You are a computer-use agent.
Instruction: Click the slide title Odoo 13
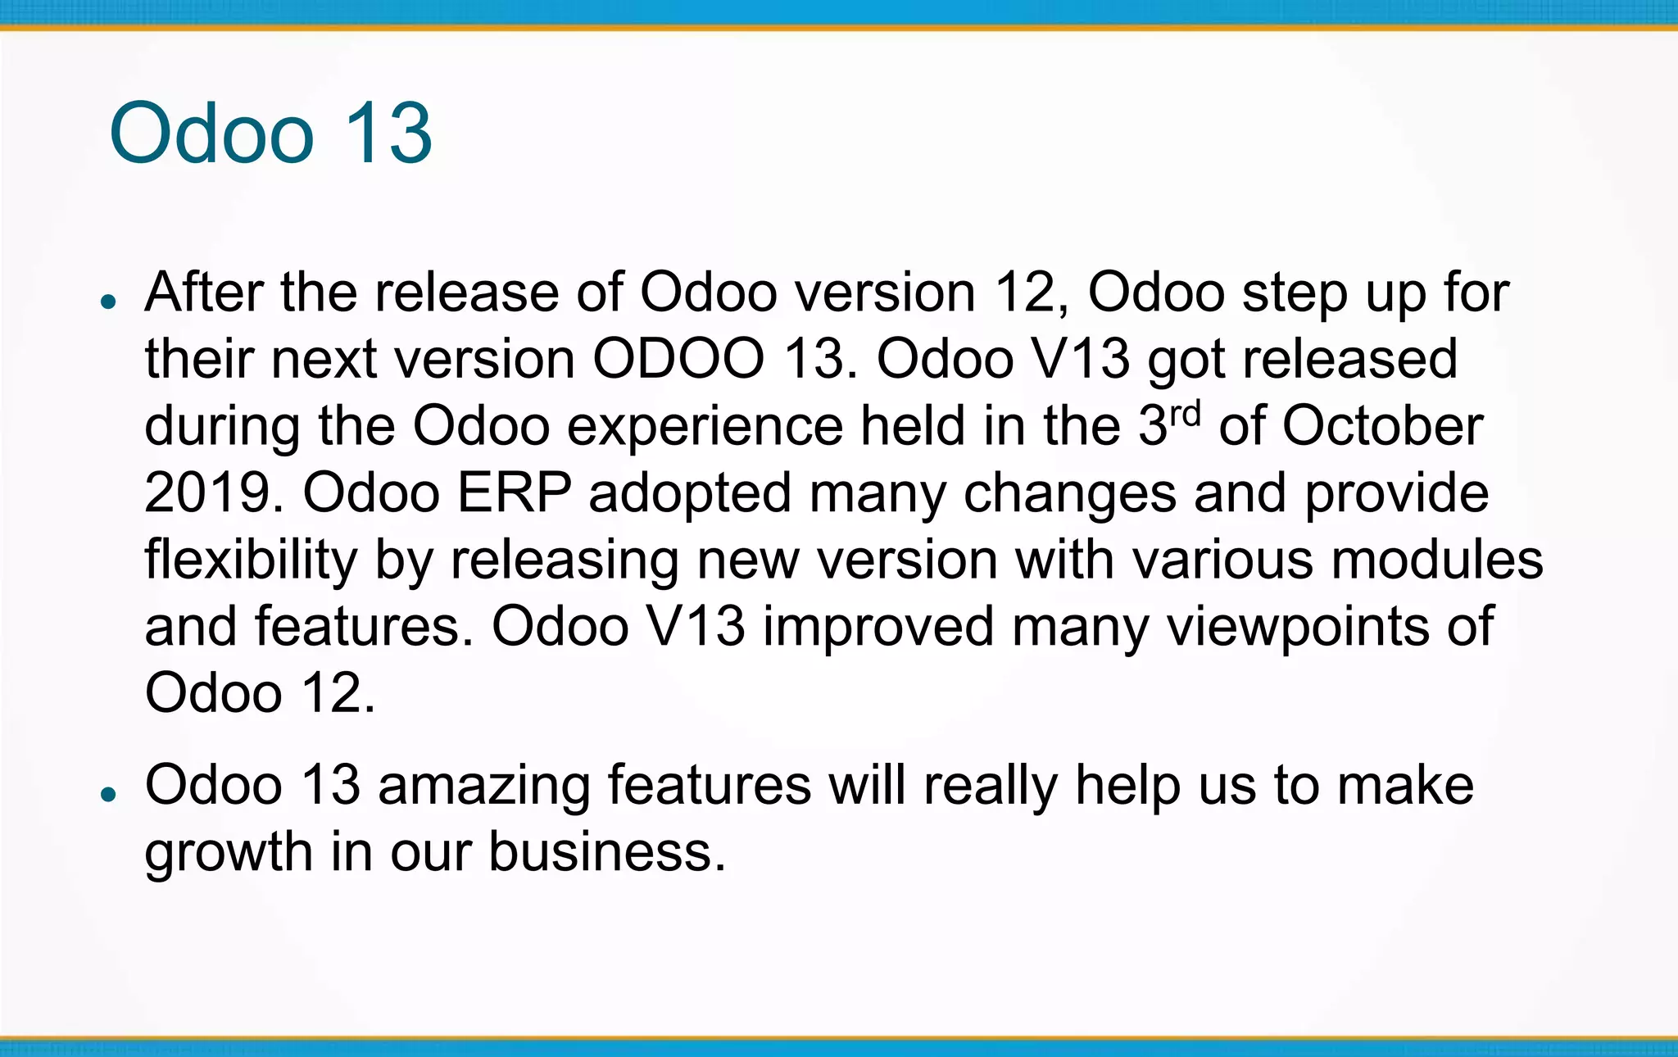click(x=270, y=134)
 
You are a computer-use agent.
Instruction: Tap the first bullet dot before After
click(x=107, y=302)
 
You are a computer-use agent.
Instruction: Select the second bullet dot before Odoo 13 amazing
click(x=107, y=793)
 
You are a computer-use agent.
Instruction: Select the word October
click(x=1382, y=427)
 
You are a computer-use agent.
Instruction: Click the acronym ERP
click(x=514, y=493)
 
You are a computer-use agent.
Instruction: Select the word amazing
click(x=483, y=786)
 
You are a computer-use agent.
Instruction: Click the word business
click(x=607, y=852)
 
